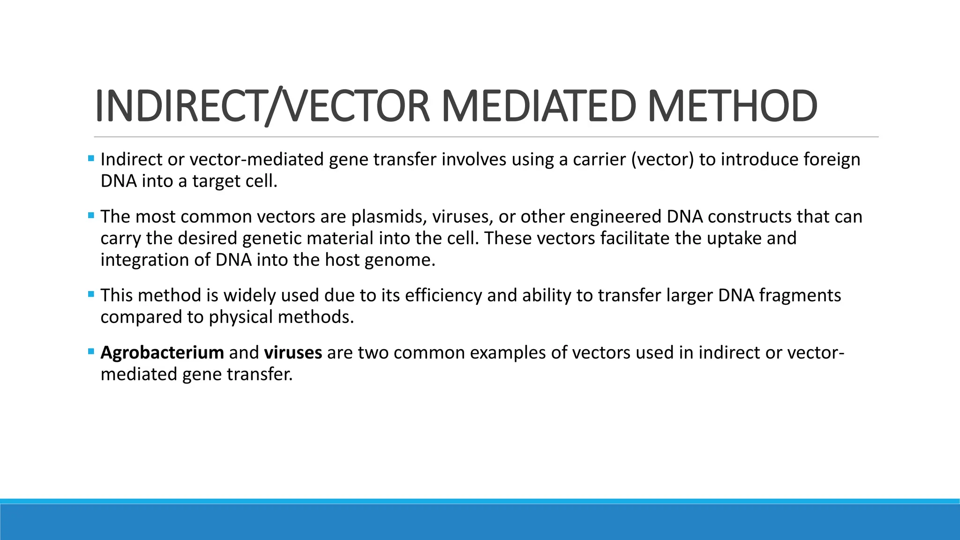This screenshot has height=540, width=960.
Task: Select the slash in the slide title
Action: [274, 106]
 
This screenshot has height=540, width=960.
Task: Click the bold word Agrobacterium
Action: [162, 352]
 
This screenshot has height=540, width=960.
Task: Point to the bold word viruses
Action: [293, 352]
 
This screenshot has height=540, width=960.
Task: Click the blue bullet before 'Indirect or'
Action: [91, 158]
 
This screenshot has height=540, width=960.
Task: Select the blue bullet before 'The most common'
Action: [91, 216]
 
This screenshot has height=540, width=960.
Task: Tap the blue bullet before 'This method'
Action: [91, 294]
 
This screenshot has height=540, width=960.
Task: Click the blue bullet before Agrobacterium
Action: [91, 351]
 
